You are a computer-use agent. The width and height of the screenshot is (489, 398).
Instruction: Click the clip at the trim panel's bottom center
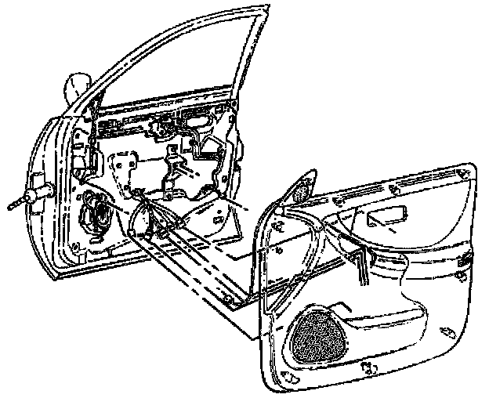tap(367, 366)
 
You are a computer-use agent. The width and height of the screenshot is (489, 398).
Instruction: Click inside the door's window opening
tap(180, 63)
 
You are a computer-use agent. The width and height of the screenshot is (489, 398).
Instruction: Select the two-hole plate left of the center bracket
tap(121, 168)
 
